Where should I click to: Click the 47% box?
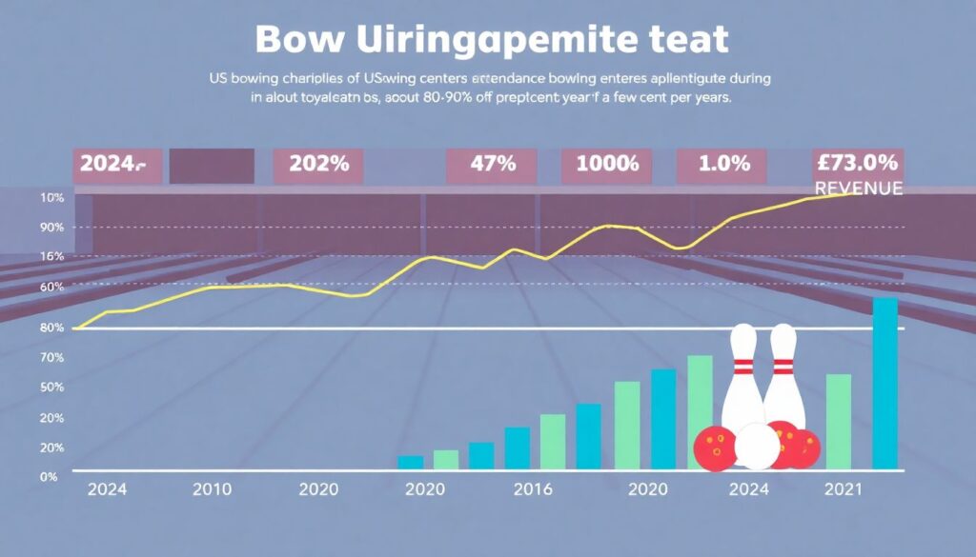click(493, 164)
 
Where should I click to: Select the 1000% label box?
click(600, 164)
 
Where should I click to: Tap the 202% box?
click(319, 164)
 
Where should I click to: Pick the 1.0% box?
click(724, 164)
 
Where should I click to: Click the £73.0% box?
click(857, 163)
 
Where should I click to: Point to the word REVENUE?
click(858, 189)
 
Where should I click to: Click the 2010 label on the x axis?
click(211, 489)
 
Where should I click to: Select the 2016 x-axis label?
click(533, 489)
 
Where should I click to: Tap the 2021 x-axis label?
click(842, 489)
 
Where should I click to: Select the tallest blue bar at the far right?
click(885, 384)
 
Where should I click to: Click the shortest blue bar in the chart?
click(410, 462)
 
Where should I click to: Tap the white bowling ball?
click(757, 447)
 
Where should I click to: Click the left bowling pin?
click(742, 381)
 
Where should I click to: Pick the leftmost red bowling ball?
click(715, 448)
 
